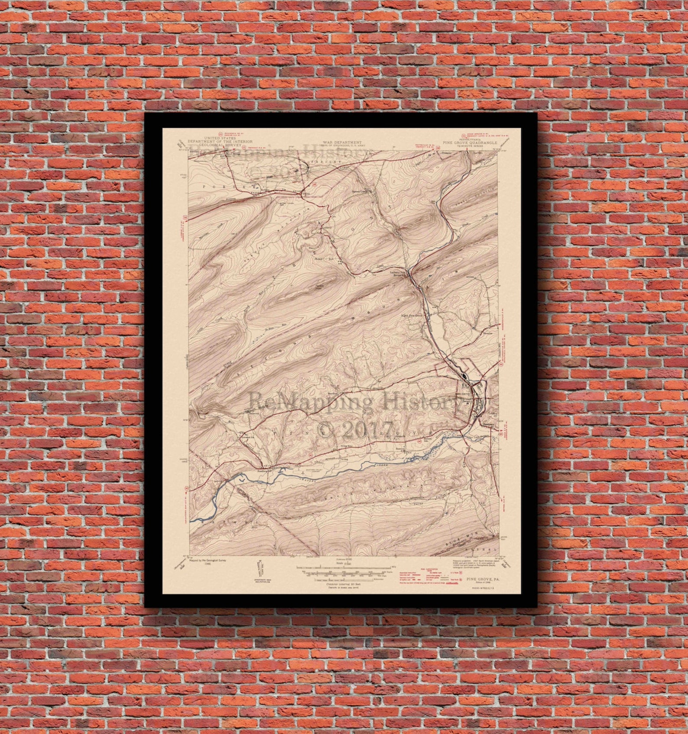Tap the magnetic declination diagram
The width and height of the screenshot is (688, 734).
260,568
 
